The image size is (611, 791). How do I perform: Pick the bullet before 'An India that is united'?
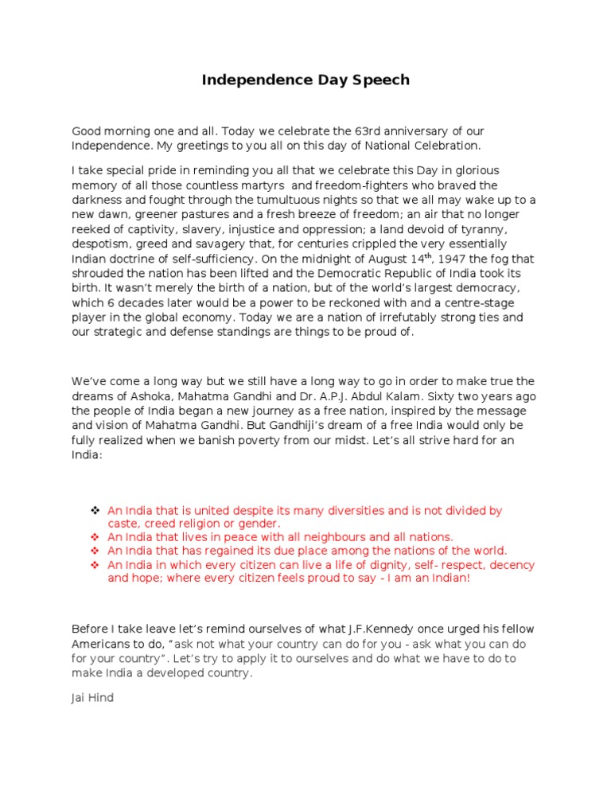94,510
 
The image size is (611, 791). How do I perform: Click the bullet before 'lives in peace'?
94,537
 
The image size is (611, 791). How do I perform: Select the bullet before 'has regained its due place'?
94,551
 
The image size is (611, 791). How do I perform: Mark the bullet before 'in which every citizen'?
94,564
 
